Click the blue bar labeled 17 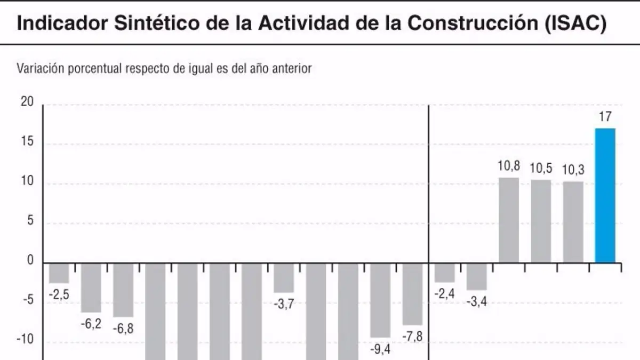coord(605,195)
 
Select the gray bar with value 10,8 coord(509,220)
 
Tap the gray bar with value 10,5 coord(541,221)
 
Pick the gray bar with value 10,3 coord(573,222)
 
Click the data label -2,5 coord(59,294)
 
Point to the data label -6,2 coord(91,324)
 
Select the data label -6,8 coord(123,329)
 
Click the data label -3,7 coord(284,304)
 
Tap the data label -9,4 coord(380,349)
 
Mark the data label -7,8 coord(412,337)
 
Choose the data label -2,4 coord(445,294)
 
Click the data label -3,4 coord(477,302)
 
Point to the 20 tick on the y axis coord(27,101)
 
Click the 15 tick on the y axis coord(27,141)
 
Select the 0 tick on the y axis coord(30,260)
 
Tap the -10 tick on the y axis coord(25,339)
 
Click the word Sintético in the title coord(157,23)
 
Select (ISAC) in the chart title coord(575,23)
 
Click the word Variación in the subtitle coord(41,68)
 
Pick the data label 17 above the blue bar coord(605,117)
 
